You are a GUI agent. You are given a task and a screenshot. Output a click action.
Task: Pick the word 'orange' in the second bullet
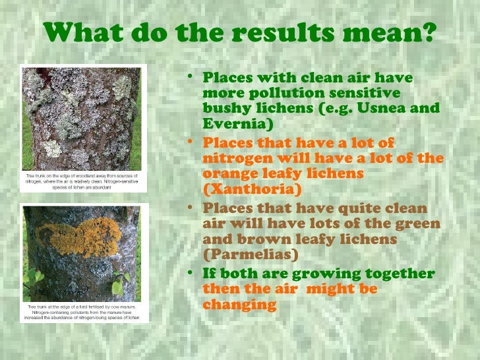(x=233, y=173)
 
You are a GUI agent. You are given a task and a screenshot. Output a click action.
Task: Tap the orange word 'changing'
(x=239, y=305)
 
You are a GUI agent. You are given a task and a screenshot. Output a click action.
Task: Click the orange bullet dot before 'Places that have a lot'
(x=190, y=141)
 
